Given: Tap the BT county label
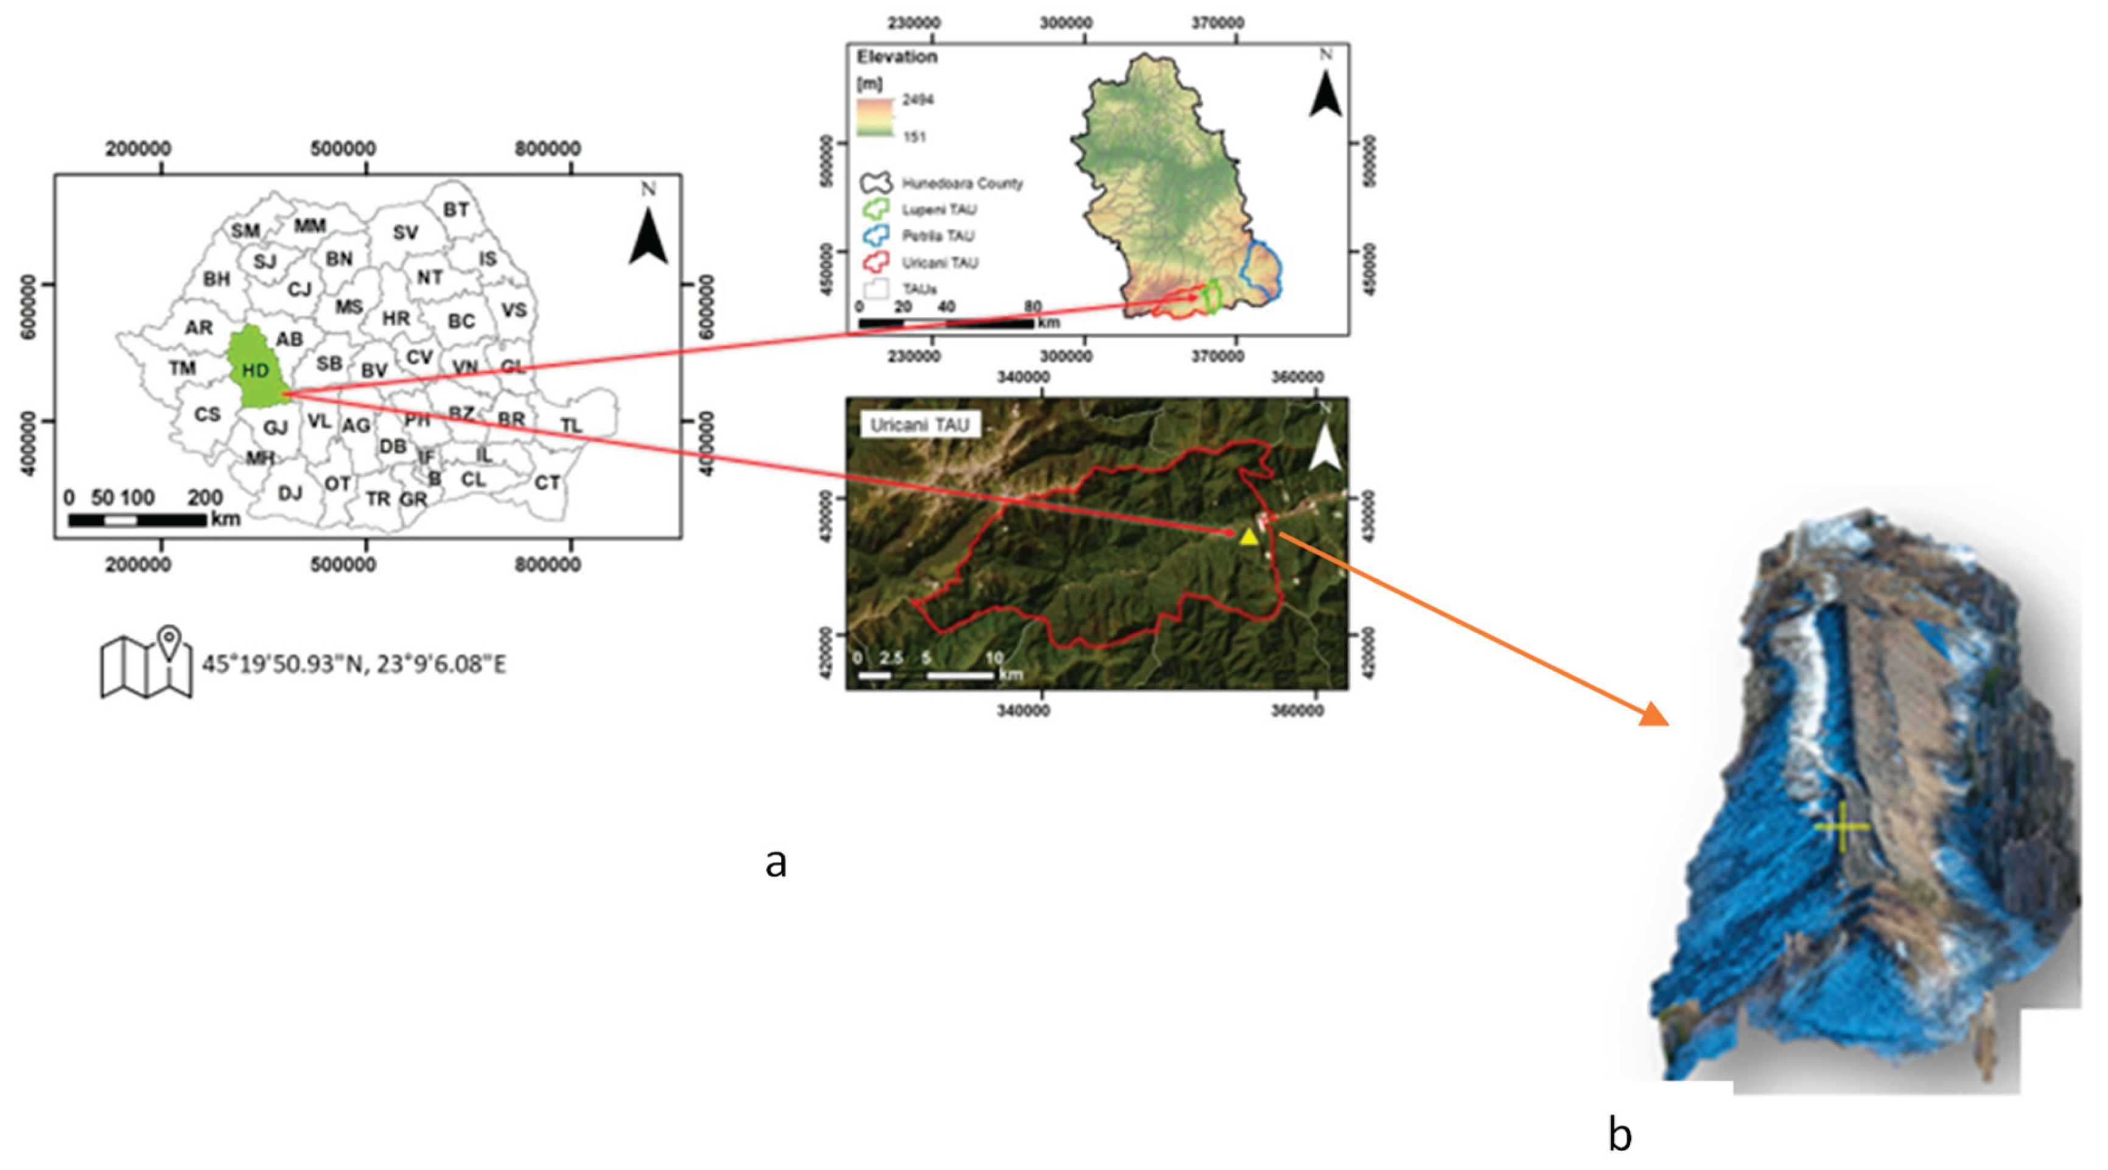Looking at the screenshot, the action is (x=456, y=209).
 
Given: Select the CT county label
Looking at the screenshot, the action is (x=547, y=483).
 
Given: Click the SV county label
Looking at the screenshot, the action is (x=405, y=233).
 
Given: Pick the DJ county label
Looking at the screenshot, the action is (x=290, y=492).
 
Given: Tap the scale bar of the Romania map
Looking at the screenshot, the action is (x=137, y=519).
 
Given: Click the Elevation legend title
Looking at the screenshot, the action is (x=896, y=57).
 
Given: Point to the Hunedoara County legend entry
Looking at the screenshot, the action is (x=962, y=183).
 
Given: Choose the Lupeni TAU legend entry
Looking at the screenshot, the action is (x=939, y=209).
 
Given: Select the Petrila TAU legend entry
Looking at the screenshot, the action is (x=938, y=236).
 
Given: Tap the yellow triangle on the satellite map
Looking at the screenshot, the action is (x=1248, y=537).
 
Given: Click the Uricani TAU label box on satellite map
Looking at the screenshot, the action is (x=920, y=425).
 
